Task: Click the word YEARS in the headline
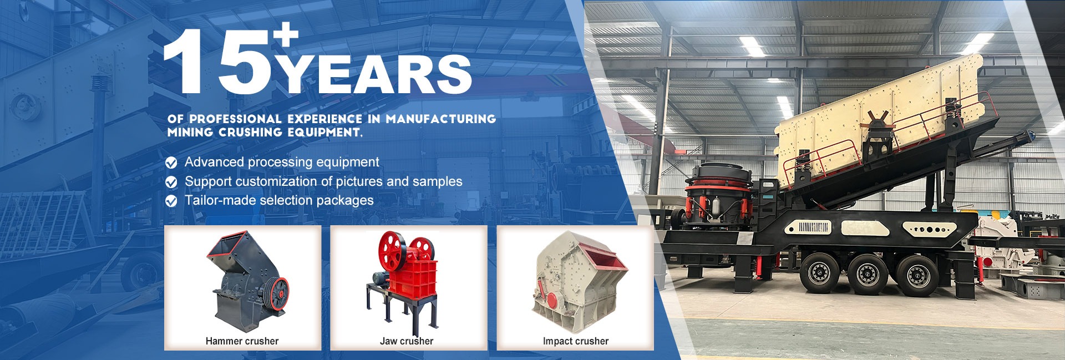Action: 374,74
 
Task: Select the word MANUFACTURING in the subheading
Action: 441,119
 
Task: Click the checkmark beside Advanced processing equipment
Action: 171,163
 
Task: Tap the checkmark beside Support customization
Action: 171,182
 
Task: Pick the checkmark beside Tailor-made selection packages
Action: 171,201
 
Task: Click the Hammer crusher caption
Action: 242,341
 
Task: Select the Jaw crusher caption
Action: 407,341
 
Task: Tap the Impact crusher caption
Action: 576,341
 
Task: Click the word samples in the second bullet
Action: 438,182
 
